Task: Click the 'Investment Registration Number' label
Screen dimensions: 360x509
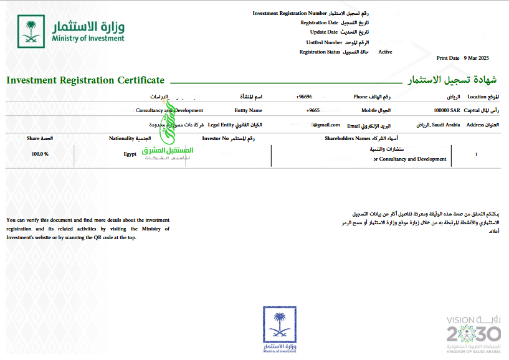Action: coord(290,13)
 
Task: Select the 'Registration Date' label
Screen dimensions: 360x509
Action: coord(320,22)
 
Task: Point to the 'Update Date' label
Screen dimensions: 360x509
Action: coord(323,32)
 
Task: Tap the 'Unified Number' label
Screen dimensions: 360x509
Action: coord(324,42)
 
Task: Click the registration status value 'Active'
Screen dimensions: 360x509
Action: coord(385,52)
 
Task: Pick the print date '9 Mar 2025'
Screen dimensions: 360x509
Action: coord(477,58)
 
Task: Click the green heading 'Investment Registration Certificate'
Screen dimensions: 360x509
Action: coord(85,80)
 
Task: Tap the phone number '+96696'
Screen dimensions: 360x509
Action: coord(304,97)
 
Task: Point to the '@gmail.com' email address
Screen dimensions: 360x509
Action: coord(326,125)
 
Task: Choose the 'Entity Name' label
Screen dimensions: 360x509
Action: coord(248,110)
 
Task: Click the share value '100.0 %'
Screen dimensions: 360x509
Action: coord(40,153)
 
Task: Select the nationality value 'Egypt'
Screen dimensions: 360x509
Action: coord(130,153)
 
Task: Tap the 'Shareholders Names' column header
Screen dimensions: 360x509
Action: coord(348,138)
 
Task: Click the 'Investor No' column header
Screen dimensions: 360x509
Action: coord(216,138)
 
